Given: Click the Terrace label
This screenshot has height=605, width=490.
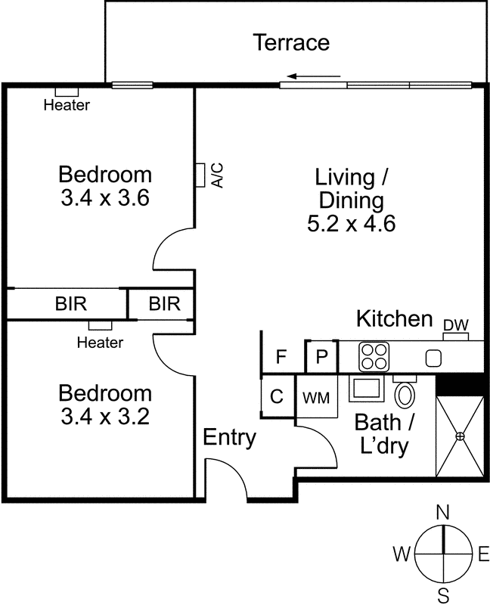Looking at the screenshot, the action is click(x=291, y=42).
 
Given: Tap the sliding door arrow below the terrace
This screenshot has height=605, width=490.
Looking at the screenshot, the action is click(x=314, y=76).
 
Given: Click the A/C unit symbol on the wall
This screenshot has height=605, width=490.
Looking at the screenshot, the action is click(x=200, y=175).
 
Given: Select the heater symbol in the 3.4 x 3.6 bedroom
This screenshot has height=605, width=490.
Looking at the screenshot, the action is click(x=67, y=92).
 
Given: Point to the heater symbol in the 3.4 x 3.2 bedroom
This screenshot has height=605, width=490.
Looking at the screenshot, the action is click(x=101, y=325).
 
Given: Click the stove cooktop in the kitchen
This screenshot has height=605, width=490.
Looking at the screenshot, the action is click(x=374, y=357).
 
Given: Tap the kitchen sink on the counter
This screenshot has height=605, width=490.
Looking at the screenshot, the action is click(x=433, y=358).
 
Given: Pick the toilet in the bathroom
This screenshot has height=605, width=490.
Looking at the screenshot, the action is click(x=405, y=392).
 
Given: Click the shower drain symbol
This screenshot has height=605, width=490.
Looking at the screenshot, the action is click(x=460, y=436).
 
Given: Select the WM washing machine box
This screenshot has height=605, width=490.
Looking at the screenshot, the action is click(x=316, y=396).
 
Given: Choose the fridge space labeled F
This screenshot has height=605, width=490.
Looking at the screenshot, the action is click(x=281, y=356).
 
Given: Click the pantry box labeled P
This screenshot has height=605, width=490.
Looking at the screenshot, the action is click(x=321, y=356).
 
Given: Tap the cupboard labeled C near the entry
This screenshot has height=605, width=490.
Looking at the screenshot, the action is click(x=277, y=396).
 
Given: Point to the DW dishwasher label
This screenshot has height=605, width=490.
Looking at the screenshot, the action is click(x=456, y=325).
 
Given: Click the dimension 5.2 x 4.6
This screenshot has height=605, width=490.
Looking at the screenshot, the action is click(x=351, y=223).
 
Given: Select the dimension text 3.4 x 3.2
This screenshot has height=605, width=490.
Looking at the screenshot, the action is click(x=105, y=417).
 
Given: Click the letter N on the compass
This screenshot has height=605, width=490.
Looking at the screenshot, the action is click(x=443, y=513).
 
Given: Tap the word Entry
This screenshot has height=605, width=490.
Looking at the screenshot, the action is click(x=230, y=437).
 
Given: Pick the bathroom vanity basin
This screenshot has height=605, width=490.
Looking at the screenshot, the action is click(x=367, y=389).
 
